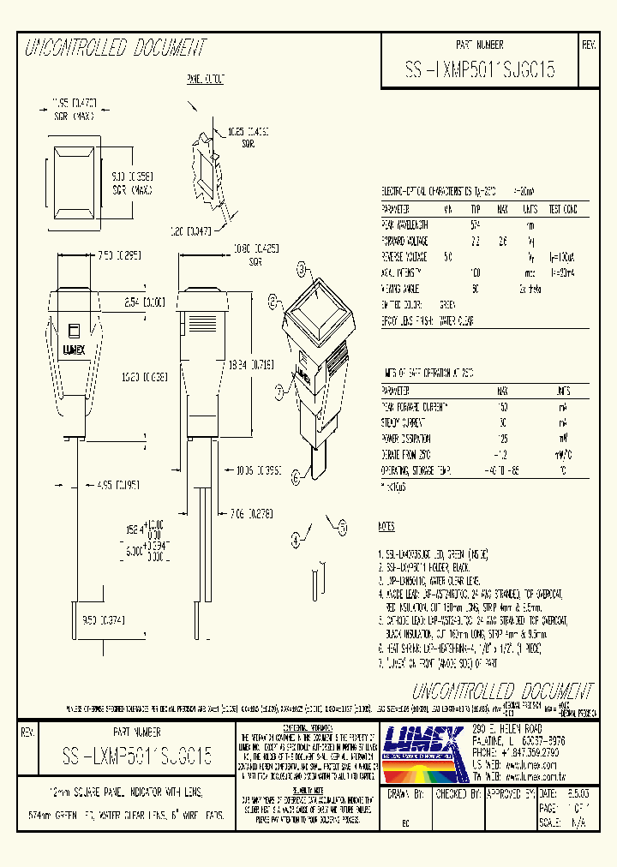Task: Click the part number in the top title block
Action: (x=479, y=69)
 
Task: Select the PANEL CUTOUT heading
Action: (x=206, y=80)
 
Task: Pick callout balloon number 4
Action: (x=296, y=540)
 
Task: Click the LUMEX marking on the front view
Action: (x=74, y=349)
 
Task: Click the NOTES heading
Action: (x=386, y=524)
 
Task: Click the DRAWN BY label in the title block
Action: (x=405, y=795)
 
